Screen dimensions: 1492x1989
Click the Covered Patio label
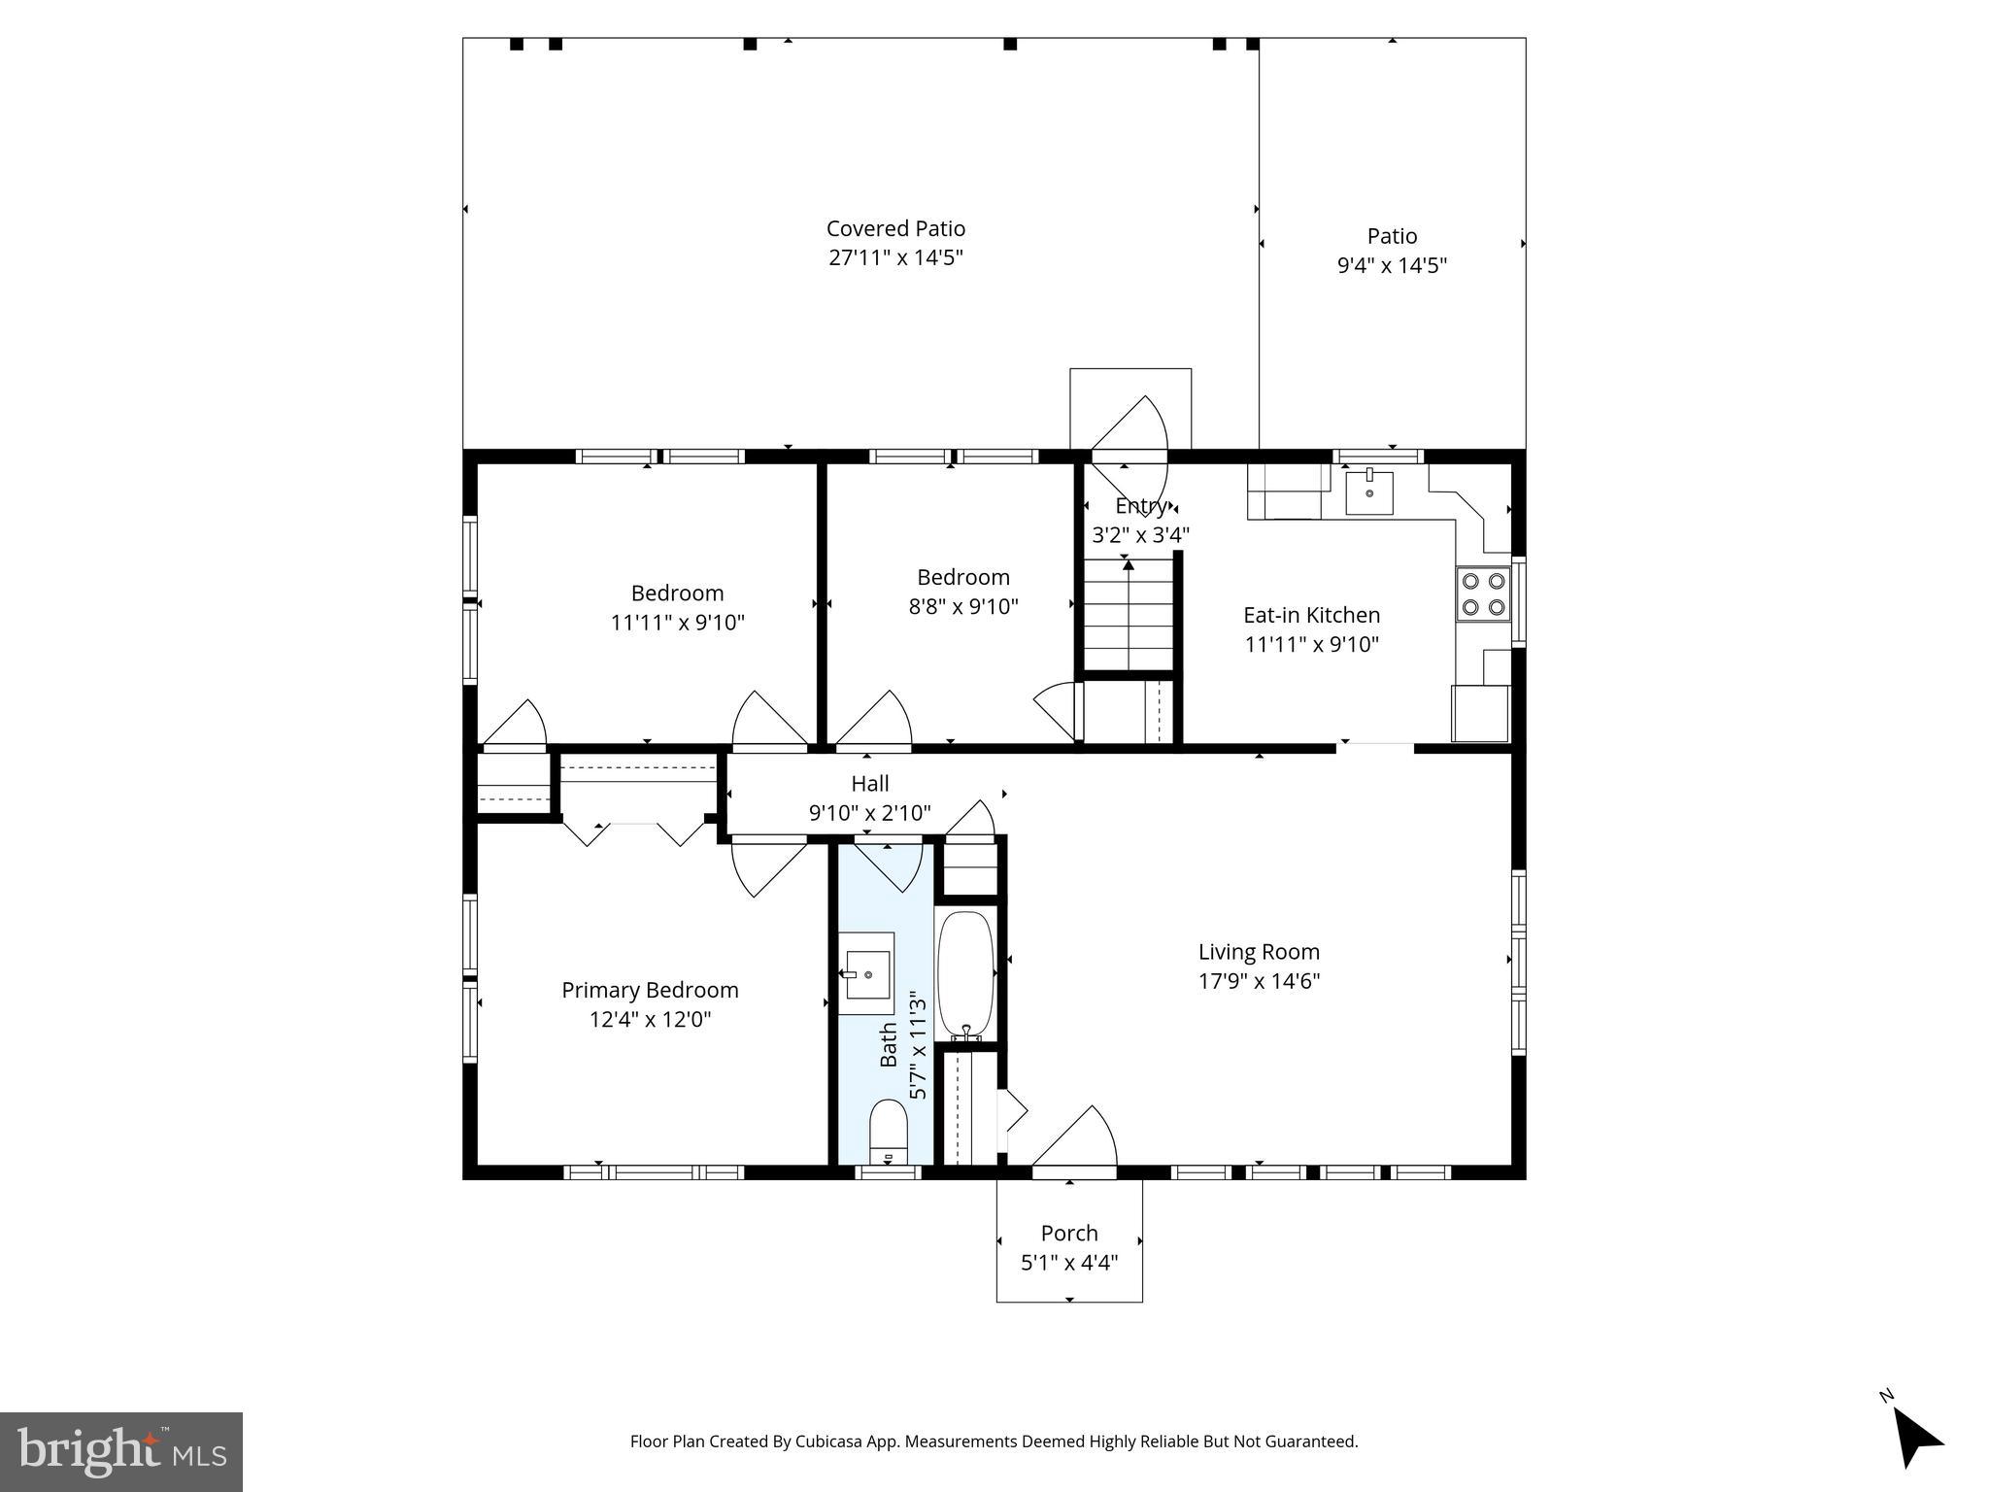895,228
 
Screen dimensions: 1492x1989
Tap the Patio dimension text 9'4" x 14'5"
1392,265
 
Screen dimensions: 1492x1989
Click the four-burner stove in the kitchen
1483,594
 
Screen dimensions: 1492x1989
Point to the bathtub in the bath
964,974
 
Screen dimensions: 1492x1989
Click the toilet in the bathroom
887,1132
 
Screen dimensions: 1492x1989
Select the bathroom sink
865,973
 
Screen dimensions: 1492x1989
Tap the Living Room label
1259,952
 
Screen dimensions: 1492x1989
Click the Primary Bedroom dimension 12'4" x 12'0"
650,1019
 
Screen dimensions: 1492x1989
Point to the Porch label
1069,1233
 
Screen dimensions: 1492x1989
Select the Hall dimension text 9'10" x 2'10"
869,812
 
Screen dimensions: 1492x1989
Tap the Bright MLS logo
121,1451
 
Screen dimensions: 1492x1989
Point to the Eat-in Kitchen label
1311,615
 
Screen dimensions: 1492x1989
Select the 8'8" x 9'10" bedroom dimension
962,606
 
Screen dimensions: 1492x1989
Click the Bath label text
889,1044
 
